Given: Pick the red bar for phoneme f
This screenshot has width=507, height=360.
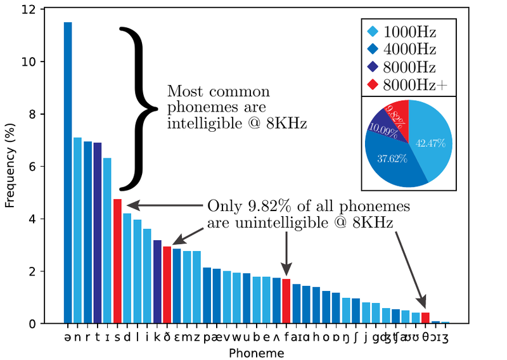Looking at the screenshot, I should pos(286,301).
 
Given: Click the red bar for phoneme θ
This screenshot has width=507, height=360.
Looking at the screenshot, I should pos(425,318).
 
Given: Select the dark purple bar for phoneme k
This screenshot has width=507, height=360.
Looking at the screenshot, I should pos(157,281).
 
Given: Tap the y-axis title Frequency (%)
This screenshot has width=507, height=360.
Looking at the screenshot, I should pos(10,166).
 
